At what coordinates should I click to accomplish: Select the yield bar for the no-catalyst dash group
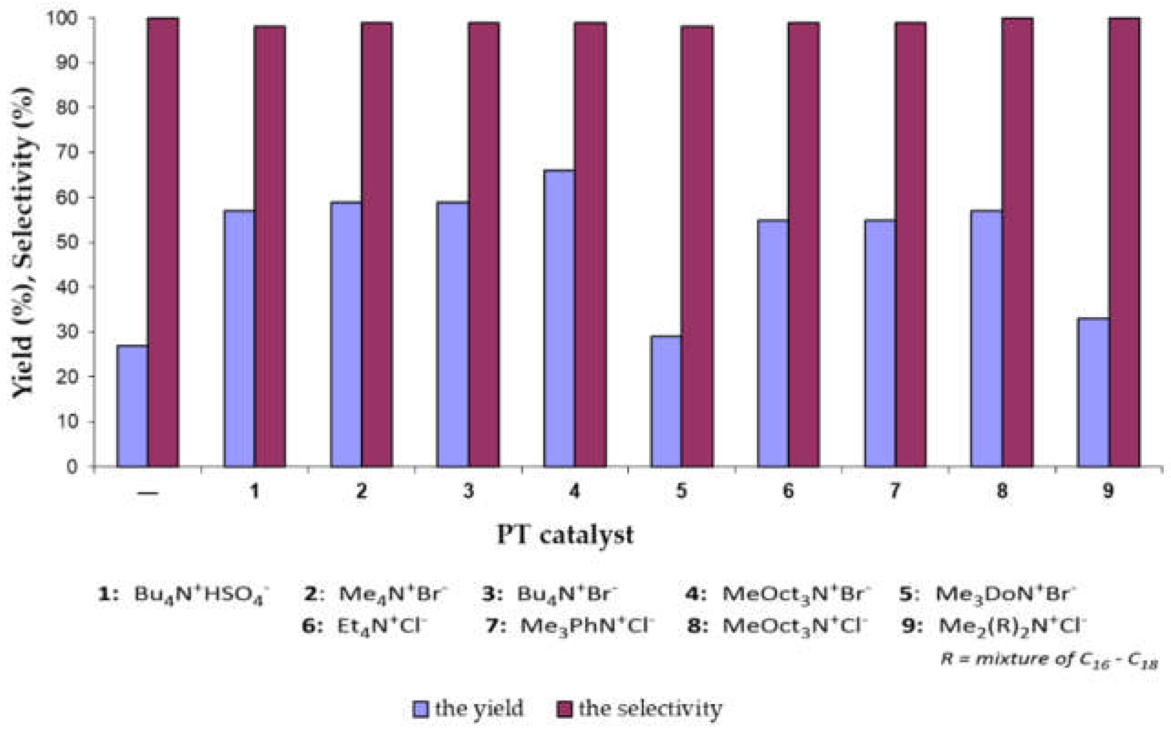[133, 406]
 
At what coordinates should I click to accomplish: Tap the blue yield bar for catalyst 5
[666, 402]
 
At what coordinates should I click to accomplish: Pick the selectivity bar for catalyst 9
[1124, 242]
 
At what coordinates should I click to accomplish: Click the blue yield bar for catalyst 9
[1093, 392]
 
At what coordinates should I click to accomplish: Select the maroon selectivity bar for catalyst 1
[270, 247]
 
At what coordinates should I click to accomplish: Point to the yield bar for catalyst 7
[880, 343]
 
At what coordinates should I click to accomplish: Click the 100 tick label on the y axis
[62, 18]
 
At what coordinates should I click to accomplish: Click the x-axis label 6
[788, 491]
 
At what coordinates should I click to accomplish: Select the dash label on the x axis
[148, 492]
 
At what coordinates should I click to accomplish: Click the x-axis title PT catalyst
[565, 535]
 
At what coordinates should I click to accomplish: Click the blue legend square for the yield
[420, 709]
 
